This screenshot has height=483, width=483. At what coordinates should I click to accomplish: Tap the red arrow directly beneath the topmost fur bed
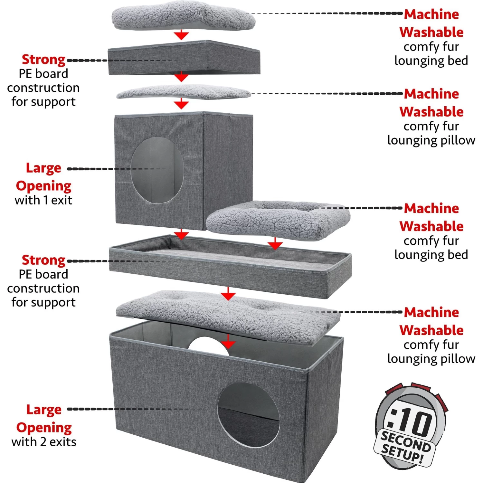182,35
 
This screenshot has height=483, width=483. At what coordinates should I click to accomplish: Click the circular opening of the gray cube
157,170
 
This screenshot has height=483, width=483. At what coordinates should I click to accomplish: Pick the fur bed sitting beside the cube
278,221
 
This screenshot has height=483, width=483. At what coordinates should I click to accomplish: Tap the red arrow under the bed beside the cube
275,244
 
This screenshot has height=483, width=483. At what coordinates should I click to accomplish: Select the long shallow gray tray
230,266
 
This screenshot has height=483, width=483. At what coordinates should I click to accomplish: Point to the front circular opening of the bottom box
248,415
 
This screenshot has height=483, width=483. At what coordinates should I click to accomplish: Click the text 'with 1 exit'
43,200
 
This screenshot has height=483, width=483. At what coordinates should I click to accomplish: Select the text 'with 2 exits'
44,442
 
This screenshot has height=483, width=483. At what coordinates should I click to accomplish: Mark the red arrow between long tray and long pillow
228,294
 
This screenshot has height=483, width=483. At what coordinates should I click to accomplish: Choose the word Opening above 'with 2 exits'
44,428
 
